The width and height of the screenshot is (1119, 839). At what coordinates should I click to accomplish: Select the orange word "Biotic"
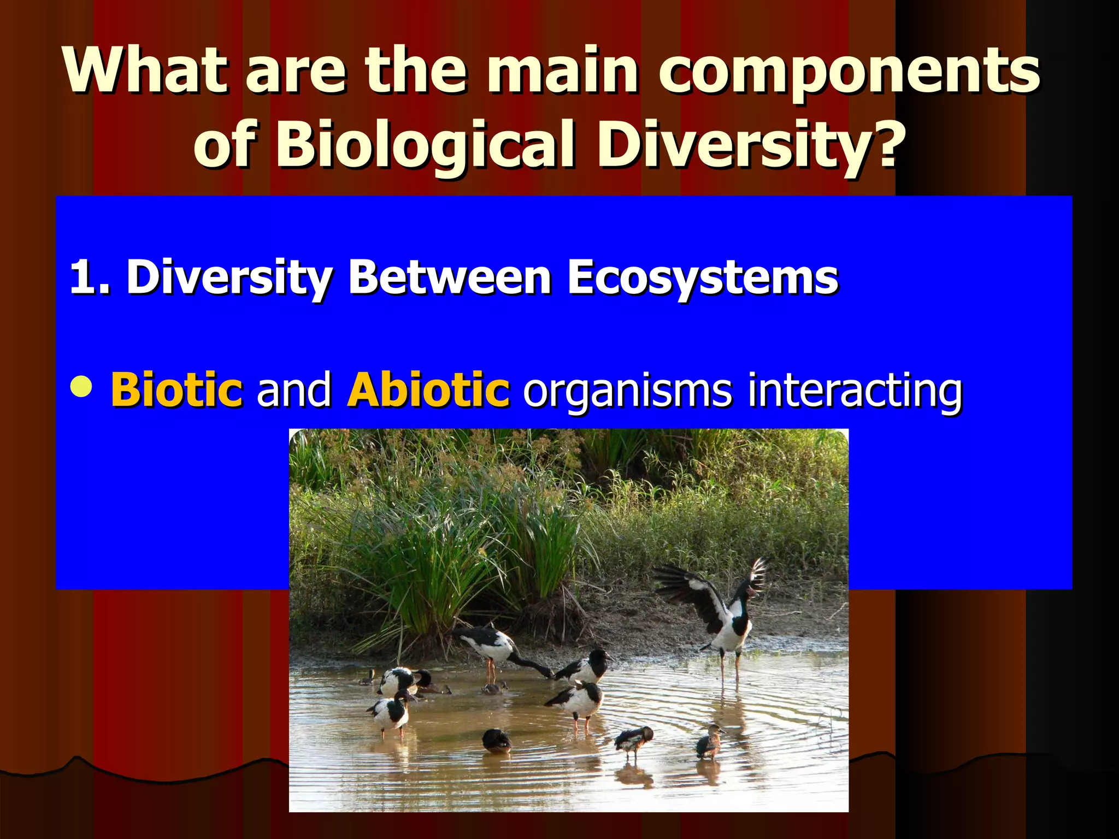click(176, 389)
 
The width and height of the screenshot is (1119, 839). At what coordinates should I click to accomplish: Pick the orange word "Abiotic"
click(428, 389)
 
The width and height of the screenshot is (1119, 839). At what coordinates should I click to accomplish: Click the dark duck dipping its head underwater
click(496, 741)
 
